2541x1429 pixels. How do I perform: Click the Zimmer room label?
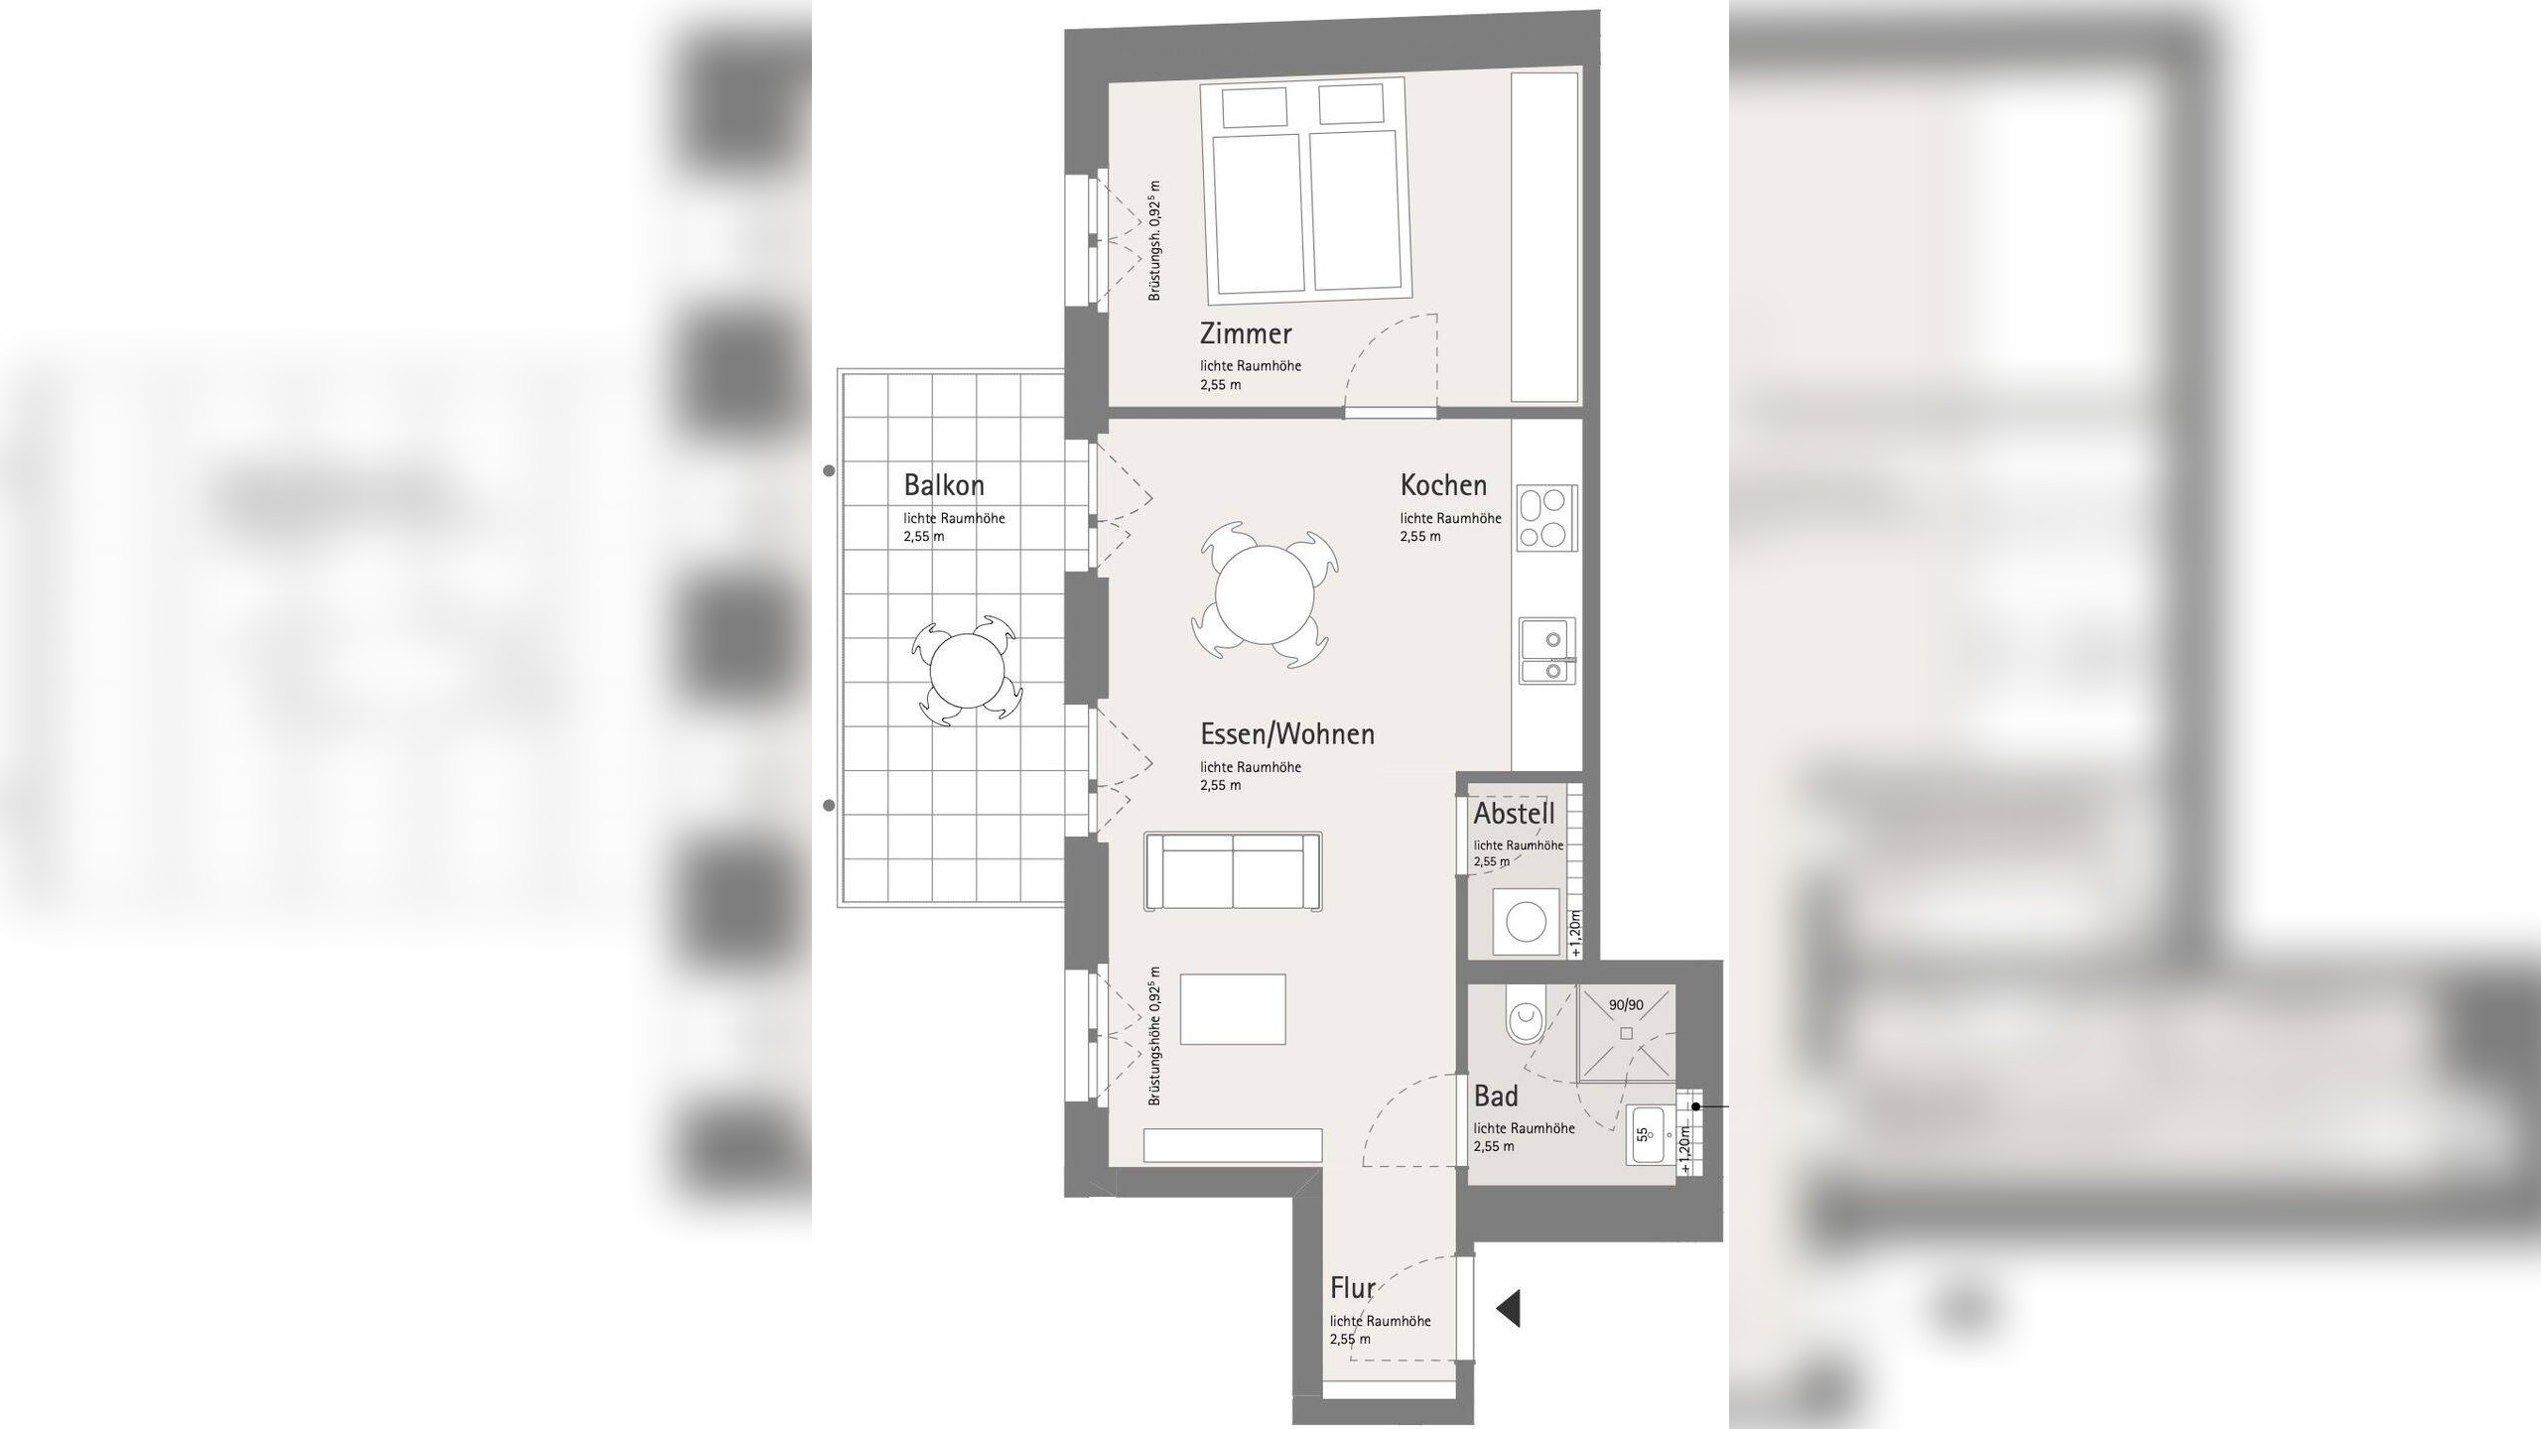(x=1246, y=333)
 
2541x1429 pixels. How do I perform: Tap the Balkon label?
(x=944, y=485)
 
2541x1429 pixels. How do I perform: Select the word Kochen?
(x=1443, y=485)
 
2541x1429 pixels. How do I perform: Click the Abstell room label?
(x=1514, y=814)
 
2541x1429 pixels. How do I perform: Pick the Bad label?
(x=1496, y=1097)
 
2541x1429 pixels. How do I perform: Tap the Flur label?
(x=1352, y=1288)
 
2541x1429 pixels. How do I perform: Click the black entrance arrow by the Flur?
(x=1508, y=1308)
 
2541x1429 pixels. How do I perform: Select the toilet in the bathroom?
(x=1524, y=1017)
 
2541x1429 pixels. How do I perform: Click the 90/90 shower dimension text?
(x=1626, y=1005)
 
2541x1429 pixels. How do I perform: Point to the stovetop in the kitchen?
(x=1546, y=518)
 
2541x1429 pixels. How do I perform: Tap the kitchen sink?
(x=1546, y=651)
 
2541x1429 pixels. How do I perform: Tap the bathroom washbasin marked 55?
(x=1652, y=1134)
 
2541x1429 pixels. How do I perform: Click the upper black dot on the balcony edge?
(x=830, y=471)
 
